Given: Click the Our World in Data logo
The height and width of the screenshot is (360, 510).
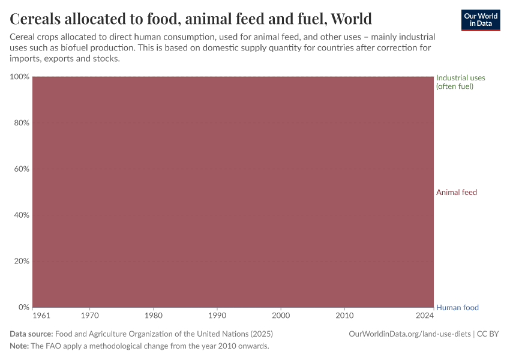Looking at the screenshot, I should pyautogui.click(x=481, y=20).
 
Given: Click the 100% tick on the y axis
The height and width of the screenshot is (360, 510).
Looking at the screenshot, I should pyautogui.click(x=19, y=77).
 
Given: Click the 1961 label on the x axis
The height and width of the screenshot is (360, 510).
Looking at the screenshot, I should pyautogui.click(x=41, y=315).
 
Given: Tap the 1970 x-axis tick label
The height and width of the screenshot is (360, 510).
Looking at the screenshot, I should pyautogui.click(x=90, y=315).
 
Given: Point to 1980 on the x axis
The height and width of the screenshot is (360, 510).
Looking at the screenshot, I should pyautogui.click(x=154, y=315).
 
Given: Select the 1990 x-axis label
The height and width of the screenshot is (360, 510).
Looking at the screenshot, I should pyautogui.click(x=217, y=315).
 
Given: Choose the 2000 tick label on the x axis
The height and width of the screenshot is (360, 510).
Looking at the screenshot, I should pyautogui.click(x=281, y=315).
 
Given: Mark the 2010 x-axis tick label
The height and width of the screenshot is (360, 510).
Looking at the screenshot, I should pyautogui.click(x=344, y=315).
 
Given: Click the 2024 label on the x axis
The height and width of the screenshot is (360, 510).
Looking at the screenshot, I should pyautogui.click(x=425, y=315).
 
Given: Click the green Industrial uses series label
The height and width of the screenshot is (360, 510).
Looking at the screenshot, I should pyautogui.click(x=460, y=82).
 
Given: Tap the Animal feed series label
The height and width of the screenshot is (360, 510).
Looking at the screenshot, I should pyautogui.click(x=457, y=192).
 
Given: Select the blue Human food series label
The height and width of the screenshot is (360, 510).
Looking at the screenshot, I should pyautogui.click(x=457, y=308).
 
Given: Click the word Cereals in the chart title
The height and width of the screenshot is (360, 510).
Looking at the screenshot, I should pyautogui.click(x=39, y=18).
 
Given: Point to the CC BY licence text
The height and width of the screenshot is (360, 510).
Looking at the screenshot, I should pyautogui.click(x=488, y=334).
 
